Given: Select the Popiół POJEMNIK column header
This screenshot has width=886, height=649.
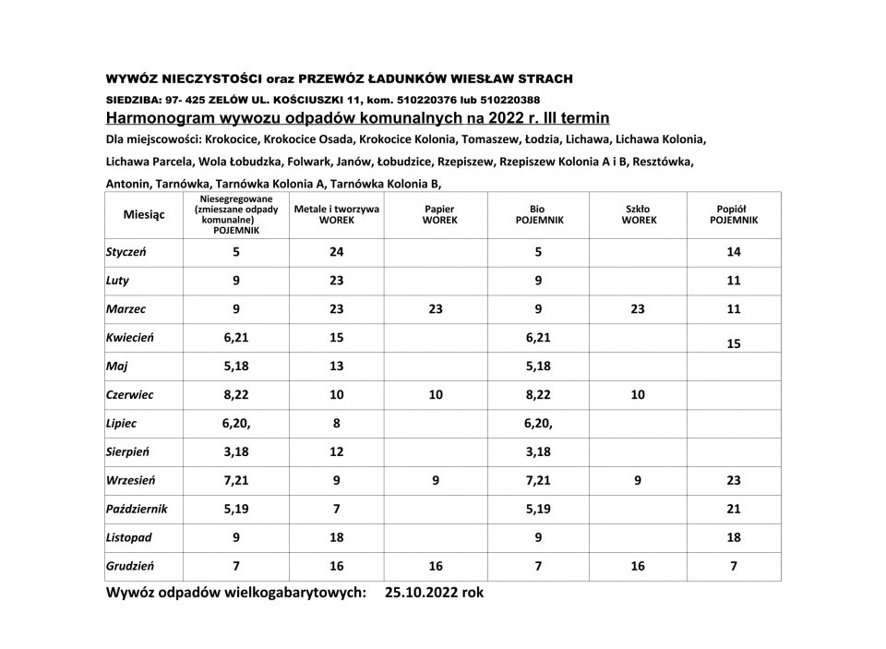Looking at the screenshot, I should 734,215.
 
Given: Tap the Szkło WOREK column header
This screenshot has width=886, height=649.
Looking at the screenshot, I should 638,215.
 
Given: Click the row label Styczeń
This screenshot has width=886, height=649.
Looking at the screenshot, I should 128,251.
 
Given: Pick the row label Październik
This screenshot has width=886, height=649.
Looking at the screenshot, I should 136,509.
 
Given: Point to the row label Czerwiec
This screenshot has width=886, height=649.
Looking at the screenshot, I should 130,394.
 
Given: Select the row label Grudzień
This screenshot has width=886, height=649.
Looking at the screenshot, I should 130,566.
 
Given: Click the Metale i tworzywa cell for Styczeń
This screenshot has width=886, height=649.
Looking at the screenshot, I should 336,251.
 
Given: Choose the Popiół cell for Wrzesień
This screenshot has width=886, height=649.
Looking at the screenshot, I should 734,480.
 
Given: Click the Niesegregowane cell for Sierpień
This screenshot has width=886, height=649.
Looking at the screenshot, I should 236,451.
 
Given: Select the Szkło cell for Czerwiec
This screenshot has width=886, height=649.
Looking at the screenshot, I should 638,394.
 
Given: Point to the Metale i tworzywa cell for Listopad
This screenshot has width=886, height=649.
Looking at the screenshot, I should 336,537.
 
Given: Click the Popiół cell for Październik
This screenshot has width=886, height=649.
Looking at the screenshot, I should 734,509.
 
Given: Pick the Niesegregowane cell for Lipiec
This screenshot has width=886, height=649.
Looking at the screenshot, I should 236,423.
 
